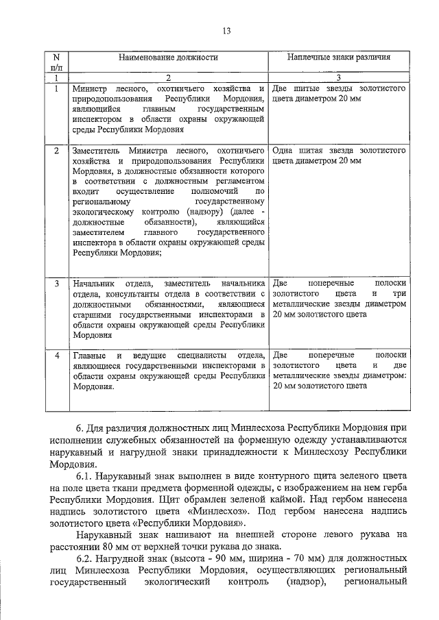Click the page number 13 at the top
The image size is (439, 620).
point(226,30)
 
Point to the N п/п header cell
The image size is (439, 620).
point(57,63)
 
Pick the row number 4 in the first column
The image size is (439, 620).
point(57,356)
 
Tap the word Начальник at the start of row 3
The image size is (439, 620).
point(94,284)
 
